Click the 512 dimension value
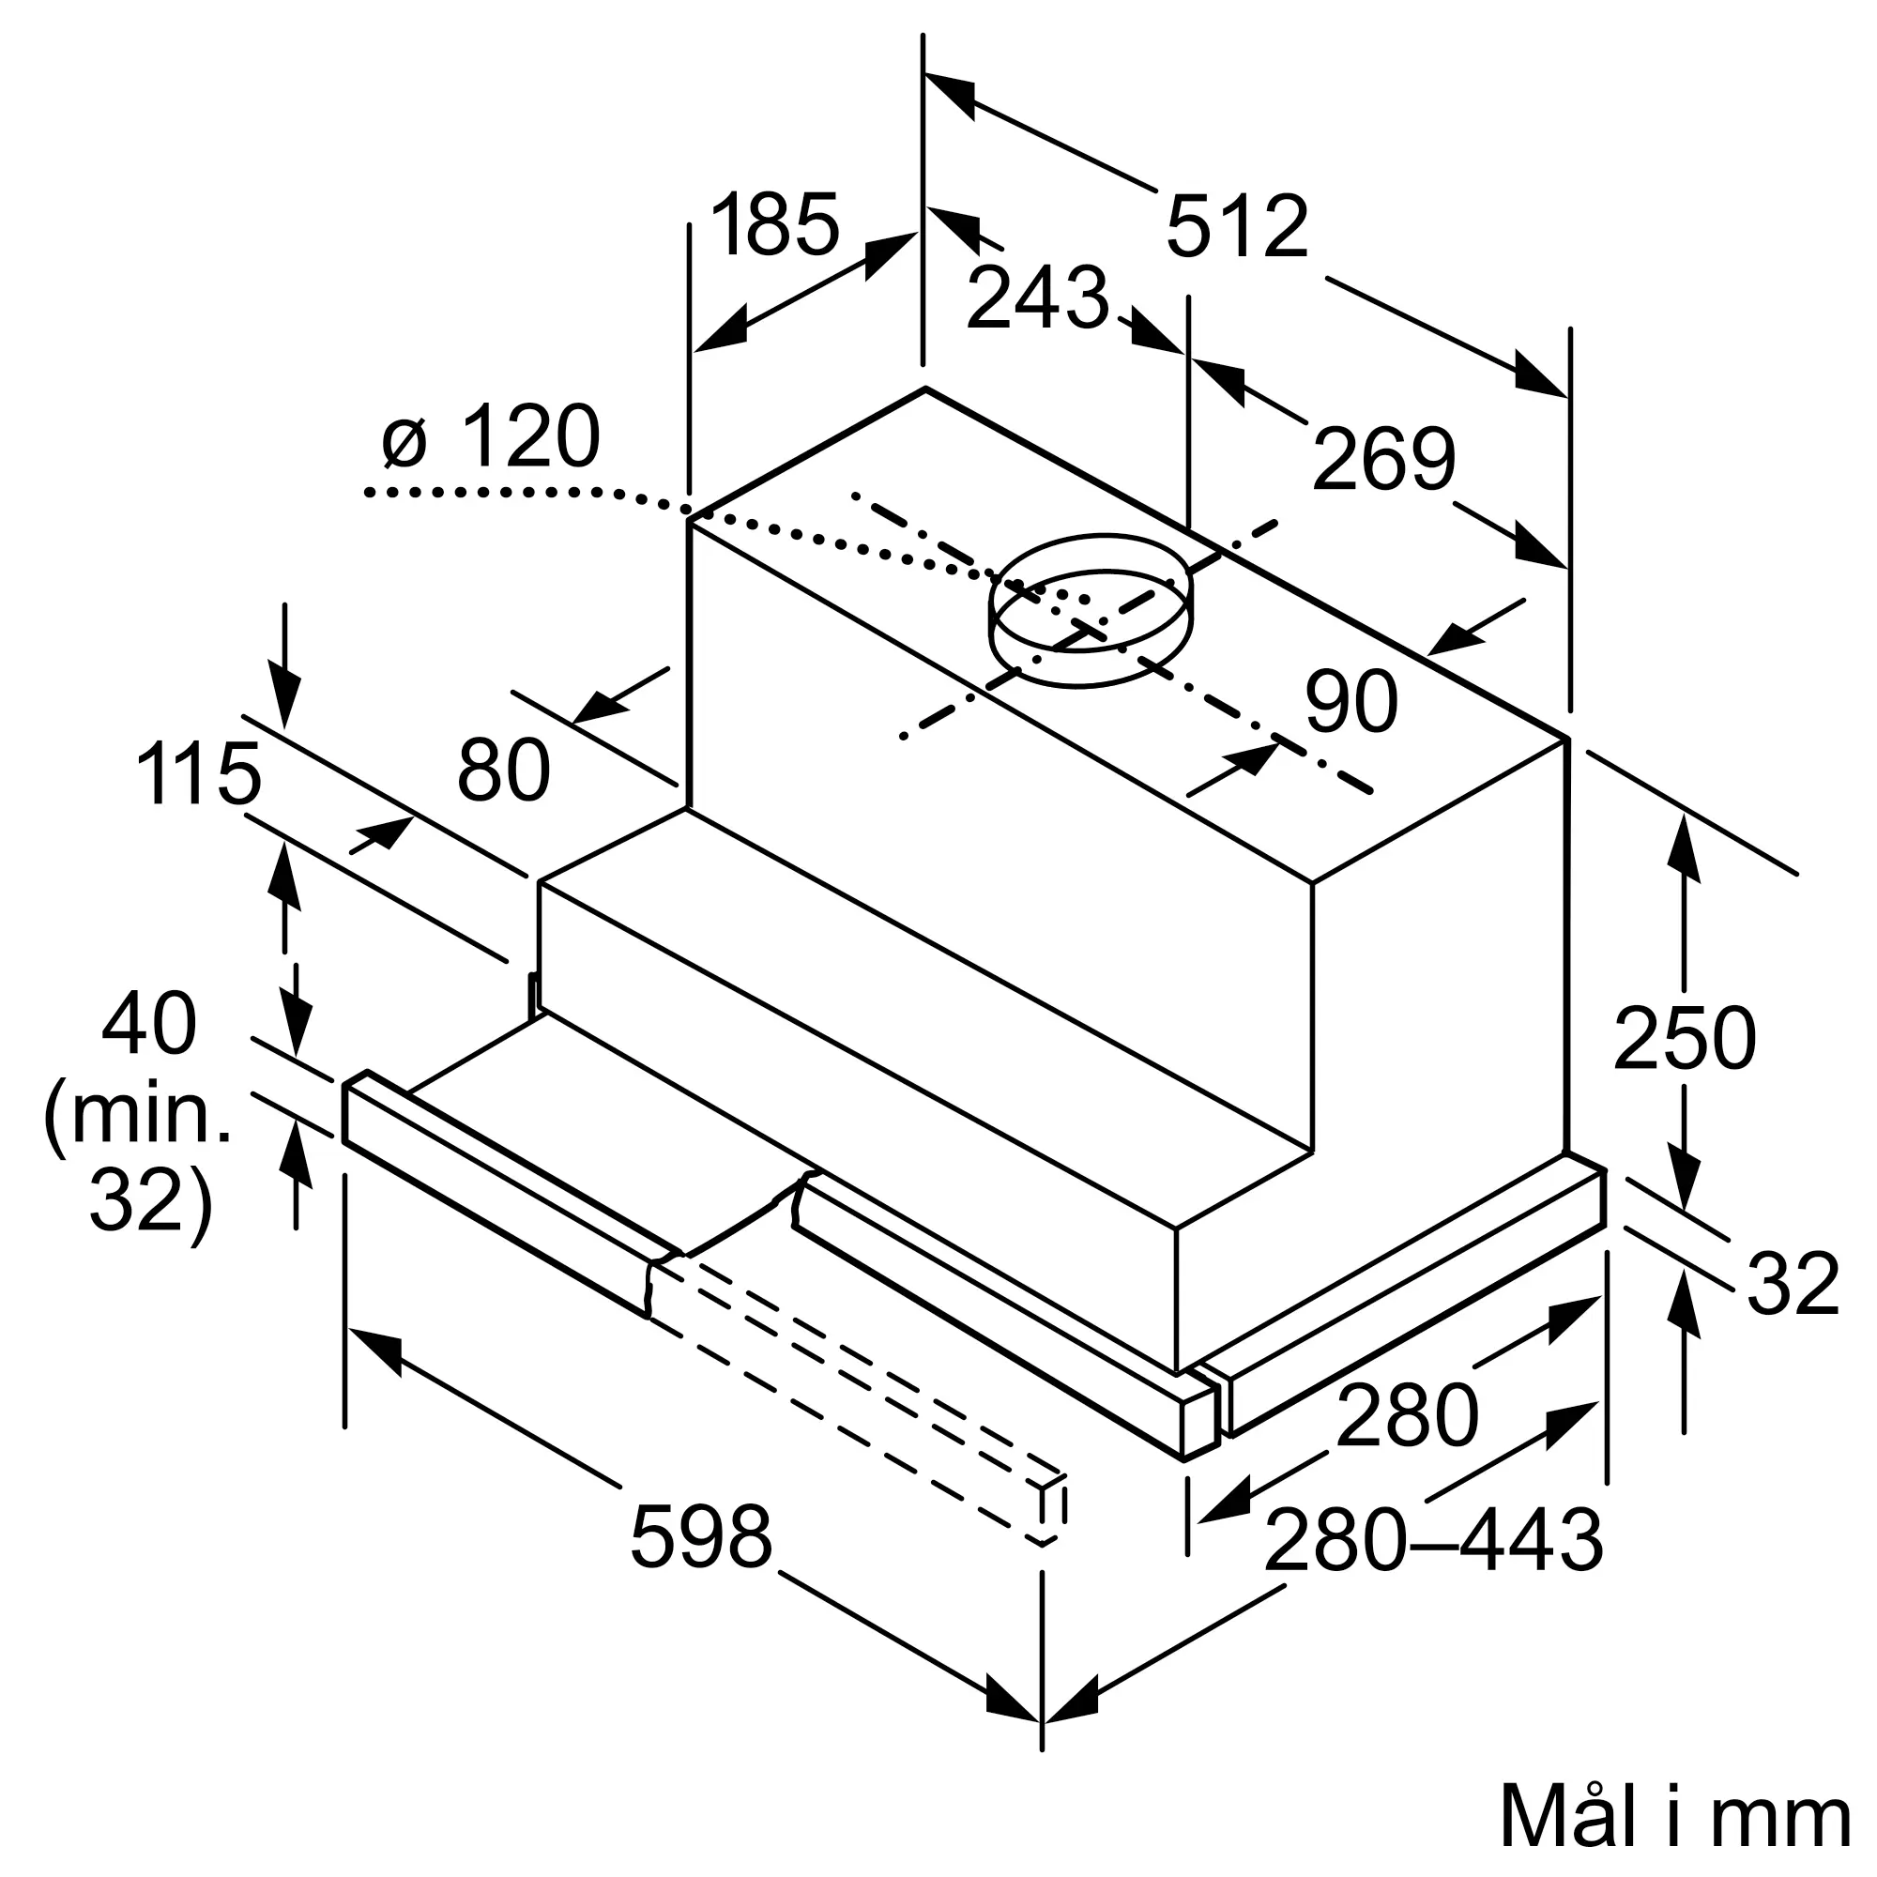[x=1237, y=226]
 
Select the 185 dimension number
[x=774, y=224]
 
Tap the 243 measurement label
[x=1038, y=298]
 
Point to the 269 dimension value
[x=1383, y=459]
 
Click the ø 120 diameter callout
[x=492, y=436]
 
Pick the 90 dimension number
[x=1351, y=700]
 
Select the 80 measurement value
[x=503, y=771]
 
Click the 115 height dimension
[x=198, y=773]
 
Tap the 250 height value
[x=1685, y=1039]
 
